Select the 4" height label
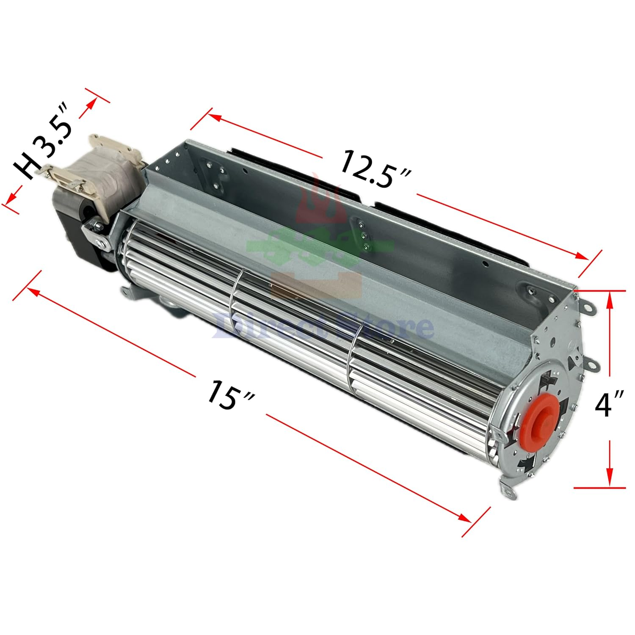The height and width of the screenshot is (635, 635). (609, 404)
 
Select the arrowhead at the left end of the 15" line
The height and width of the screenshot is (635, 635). (33, 290)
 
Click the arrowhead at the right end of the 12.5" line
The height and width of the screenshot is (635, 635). (582, 256)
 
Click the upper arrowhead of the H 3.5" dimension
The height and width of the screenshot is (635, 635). (90, 105)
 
